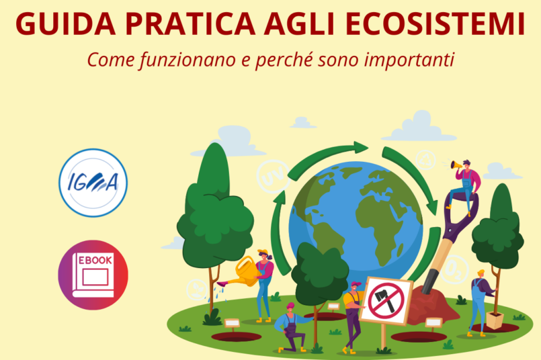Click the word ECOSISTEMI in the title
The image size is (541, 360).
pos(435,24)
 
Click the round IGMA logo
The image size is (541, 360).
pos(93,183)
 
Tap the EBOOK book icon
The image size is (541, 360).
pos(93,275)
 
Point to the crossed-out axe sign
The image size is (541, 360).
pos(386,301)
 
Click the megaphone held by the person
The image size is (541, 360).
pos(456,165)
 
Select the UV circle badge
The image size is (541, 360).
pos(273,176)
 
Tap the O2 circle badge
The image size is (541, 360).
pos(454,269)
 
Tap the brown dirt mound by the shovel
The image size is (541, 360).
pos(432,304)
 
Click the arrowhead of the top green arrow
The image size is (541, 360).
pos(361,148)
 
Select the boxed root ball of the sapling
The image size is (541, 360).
pos(495,320)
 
